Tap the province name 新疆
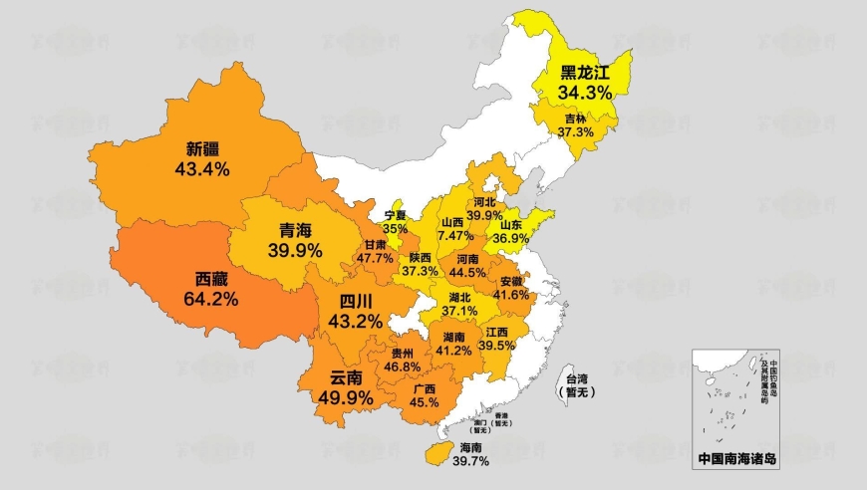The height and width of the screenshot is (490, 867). (x=202, y=149)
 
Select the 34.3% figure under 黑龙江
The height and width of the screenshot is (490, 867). (x=584, y=92)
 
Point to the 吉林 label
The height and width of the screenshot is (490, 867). (x=575, y=118)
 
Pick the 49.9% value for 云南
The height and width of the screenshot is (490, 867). (x=345, y=398)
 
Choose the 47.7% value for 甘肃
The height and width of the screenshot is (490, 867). (x=376, y=258)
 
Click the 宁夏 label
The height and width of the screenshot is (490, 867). (x=396, y=215)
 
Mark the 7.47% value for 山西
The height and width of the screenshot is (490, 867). (x=453, y=236)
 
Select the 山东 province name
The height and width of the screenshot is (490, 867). (x=514, y=225)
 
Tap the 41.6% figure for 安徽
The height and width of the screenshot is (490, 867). (x=510, y=295)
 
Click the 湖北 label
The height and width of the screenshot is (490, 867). (x=460, y=297)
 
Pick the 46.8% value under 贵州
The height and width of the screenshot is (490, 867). (x=402, y=367)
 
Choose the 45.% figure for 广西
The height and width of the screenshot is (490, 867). (x=424, y=402)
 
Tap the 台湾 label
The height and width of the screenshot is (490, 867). (x=577, y=378)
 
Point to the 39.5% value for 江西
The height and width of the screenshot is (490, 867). (x=496, y=345)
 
